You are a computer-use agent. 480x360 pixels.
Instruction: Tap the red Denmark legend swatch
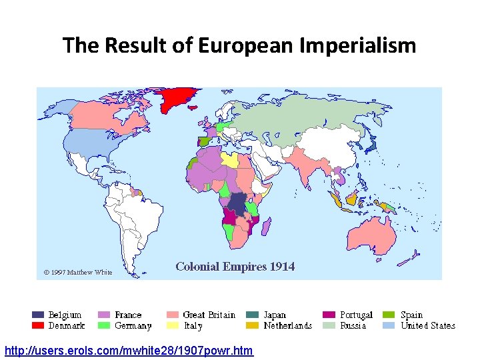38,326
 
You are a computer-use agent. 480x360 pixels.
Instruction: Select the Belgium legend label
65,315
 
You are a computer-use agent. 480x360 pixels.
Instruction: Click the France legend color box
104,315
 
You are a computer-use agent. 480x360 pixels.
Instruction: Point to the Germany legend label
133,326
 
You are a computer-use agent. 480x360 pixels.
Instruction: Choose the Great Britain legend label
209,315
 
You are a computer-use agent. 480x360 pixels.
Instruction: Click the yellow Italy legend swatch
172,326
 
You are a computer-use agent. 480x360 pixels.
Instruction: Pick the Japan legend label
275,315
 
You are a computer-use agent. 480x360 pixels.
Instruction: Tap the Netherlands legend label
288,326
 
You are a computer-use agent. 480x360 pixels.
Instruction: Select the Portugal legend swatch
329,315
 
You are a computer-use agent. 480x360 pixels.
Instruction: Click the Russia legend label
353,326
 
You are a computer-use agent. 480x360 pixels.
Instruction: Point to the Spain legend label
412,315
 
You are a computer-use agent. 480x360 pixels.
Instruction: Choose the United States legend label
428,326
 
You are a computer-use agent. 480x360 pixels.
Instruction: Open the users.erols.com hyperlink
129,350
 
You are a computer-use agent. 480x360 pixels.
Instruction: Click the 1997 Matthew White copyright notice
78,272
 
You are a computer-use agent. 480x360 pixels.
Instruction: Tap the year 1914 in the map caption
282,267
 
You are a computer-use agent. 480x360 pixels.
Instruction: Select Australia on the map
370,233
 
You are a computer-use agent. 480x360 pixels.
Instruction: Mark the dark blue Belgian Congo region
237,202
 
